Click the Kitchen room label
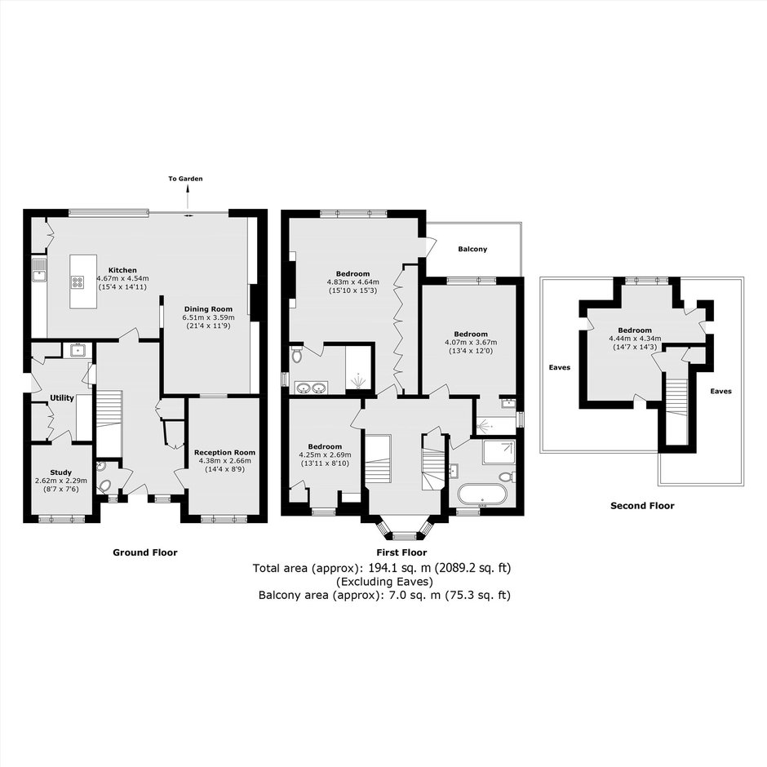(x=122, y=270)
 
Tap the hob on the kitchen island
(x=78, y=282)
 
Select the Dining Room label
(x=208, y=309)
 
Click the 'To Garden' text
(x=185, y=179)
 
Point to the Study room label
(x=61, y=472)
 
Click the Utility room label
(x=62, y=397)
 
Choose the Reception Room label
(x=224, y=453)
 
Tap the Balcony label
(x=472, y=249)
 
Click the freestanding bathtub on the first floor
(x=483, y=495)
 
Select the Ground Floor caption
(x=144, y=552)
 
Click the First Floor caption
(x=401, y=552)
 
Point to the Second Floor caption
(x=642, y=506)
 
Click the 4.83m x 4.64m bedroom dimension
(x=352, y=282)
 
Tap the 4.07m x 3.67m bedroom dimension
(x=471, y=343)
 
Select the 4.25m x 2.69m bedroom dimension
(x=325, y=454)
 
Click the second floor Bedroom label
(x=635, y=330)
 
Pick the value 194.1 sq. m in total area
(x=394, y=568)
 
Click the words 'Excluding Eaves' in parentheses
(x=384, y=582)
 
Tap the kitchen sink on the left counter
(x=39, y=271)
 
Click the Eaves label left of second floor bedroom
(x=560, y=367)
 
